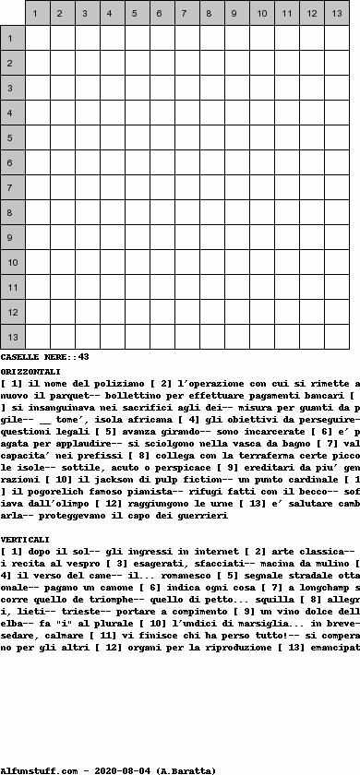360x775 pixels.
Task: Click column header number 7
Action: click(187, 14)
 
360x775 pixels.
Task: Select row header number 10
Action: click(11, 263)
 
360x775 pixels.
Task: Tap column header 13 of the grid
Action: click(337, 14)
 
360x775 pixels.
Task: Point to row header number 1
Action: click(11, 39)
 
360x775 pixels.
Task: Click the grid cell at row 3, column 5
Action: click(138, 89)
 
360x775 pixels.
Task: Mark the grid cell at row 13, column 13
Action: click(337, 338)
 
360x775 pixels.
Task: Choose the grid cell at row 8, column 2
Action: click(63, 213)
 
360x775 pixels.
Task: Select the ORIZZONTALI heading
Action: click(30, 370)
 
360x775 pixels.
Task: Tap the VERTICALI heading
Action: click(26, 538)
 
